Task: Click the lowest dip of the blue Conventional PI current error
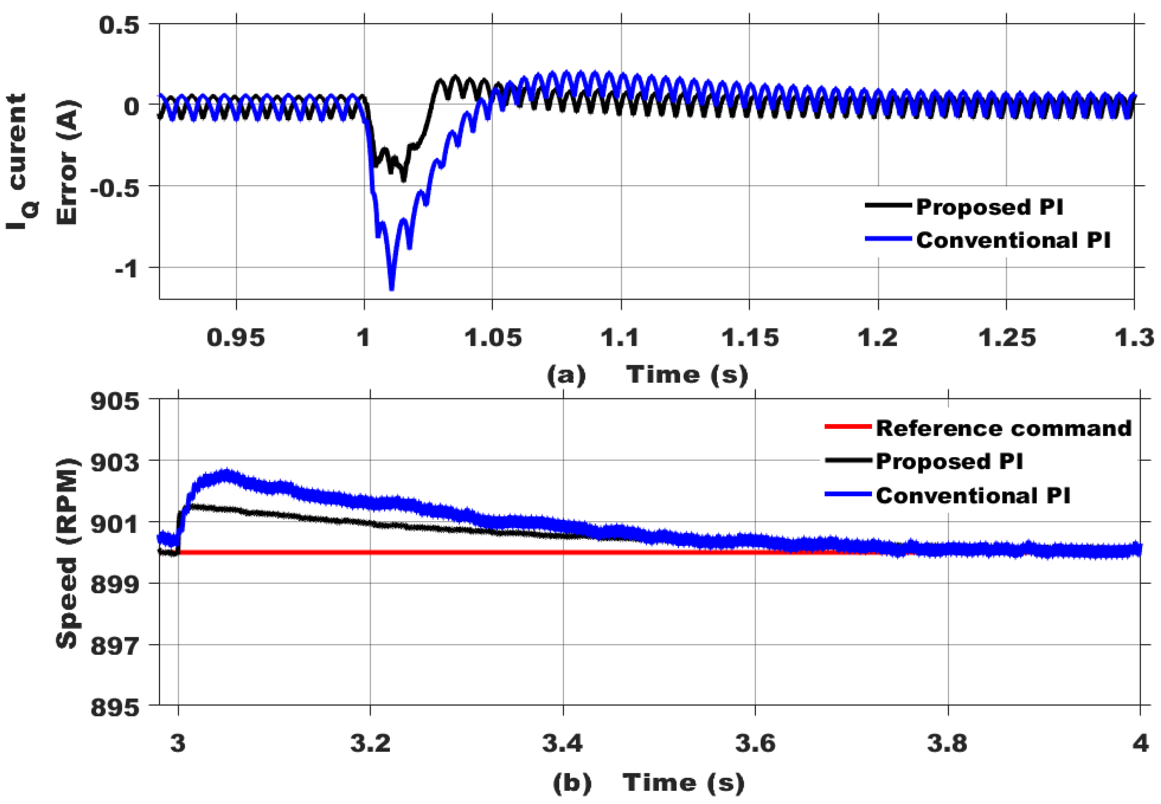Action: (x=392, y=288)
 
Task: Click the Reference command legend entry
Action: (x=1003, y=428)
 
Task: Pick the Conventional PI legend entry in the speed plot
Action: (x=973, y=495)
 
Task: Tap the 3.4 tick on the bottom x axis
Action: (x=562, y=743)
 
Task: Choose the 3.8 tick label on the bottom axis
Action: (x=947, y=743)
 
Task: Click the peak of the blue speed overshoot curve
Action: (x=226, y=474)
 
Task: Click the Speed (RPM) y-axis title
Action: (x=67, y=553)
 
